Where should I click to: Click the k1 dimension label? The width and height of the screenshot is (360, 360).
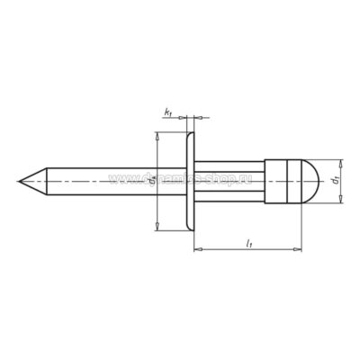169,112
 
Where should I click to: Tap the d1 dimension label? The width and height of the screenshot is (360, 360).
334,182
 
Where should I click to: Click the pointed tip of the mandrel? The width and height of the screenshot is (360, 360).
21,183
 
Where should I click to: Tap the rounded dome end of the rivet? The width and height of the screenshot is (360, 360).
311,182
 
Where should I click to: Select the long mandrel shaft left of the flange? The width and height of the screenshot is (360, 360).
99,182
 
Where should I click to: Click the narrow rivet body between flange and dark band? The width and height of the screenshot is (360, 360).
229,182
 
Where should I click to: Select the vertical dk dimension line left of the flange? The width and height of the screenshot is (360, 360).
158,207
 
